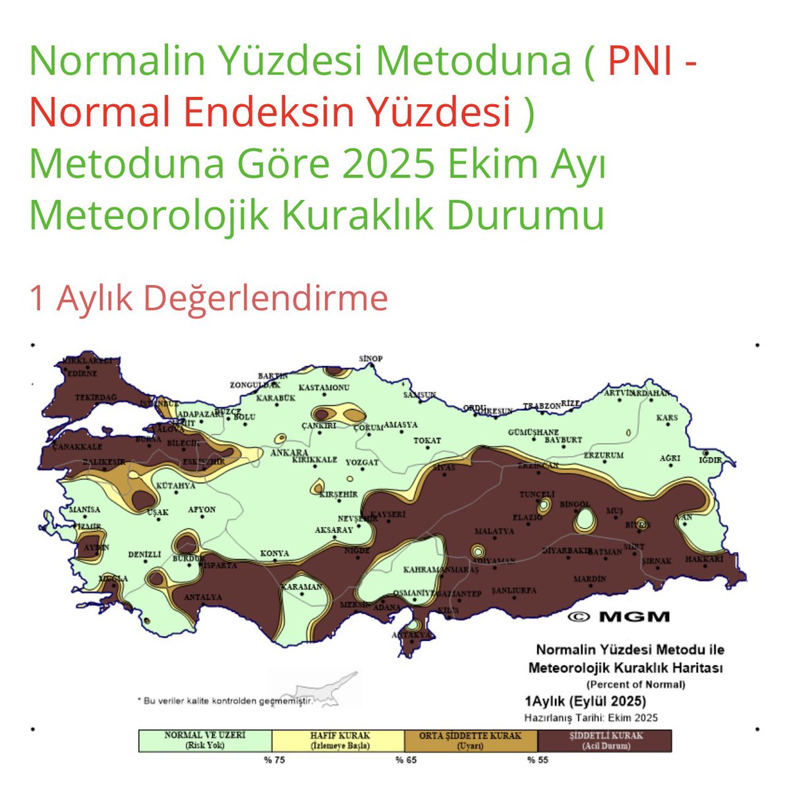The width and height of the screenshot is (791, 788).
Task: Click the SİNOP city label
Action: tap(370, 359)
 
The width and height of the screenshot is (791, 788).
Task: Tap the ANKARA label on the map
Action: tap(290, 453)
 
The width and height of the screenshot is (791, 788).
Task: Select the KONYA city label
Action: tap(274, 553)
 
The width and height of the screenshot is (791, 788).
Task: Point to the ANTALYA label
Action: tap(202, 597)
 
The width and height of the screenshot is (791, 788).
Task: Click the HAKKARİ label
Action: tap(704, 559)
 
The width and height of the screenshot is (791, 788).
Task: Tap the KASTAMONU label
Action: tap(324, 388)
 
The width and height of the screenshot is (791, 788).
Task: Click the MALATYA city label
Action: tap(494, 531)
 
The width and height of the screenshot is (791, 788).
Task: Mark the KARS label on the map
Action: tap(667, 418)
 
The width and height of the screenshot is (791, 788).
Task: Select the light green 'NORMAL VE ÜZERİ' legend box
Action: tap(205, 741)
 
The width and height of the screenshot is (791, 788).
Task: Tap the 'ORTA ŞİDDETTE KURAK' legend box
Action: tap(471, 741)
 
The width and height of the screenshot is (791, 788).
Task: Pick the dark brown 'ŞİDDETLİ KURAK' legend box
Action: tap(605, 741)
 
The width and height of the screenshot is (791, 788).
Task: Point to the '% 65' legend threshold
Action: tap(406, 760)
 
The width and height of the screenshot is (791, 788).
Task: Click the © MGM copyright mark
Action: tap(618, 617)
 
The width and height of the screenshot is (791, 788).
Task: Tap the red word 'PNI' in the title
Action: tap(639, 61)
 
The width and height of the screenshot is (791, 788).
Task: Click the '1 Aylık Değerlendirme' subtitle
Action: tap(208, 298)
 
